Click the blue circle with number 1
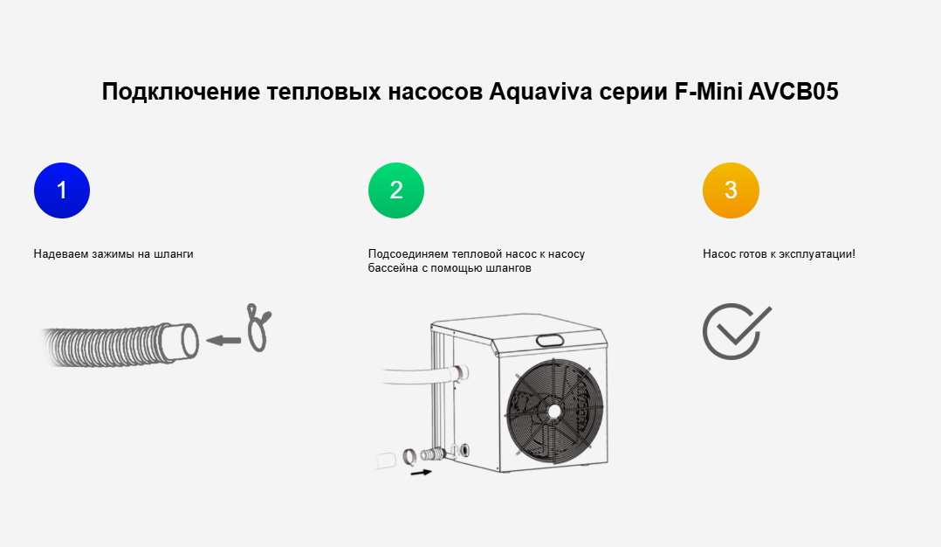point(62,190)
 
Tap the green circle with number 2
point(396,190)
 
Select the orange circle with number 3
point(731,190)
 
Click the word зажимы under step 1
point(110,254)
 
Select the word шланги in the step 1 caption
point(173,254)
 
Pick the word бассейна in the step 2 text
point(390,268)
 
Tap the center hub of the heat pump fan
point(553,410)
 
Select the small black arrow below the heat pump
point(421,473)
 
